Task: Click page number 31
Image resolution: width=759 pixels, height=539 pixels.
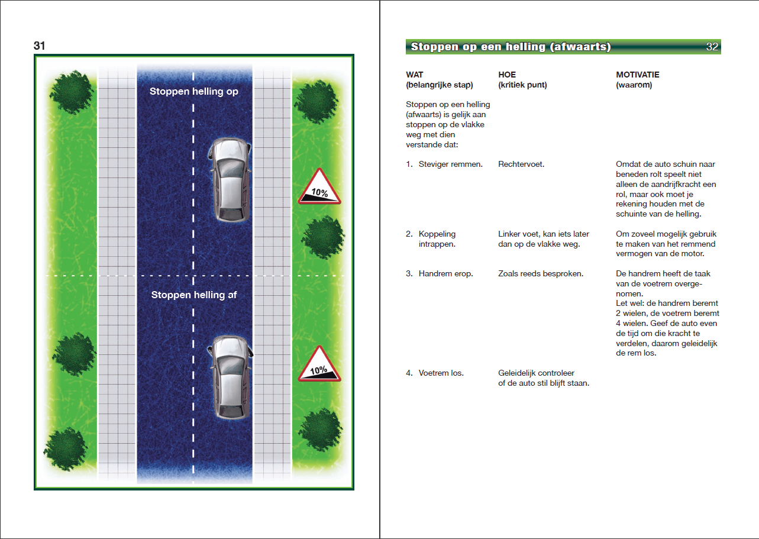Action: tap(40, 46)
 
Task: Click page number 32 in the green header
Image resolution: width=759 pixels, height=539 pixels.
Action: tap(712, 47)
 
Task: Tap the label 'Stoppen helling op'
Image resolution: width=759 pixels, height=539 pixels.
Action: tap(194, 92)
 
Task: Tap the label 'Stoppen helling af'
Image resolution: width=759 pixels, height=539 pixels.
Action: tap(194, 295)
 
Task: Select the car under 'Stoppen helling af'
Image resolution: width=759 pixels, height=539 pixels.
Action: tap(231, 377)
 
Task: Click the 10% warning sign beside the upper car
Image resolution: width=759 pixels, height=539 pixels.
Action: tap(319, 188)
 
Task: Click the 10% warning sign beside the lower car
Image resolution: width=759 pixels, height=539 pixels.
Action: tap(319, 365)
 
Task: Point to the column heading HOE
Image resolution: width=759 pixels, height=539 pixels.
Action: tap(507, 75)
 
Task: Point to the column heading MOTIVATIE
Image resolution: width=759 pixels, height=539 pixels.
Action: tap(638, 75)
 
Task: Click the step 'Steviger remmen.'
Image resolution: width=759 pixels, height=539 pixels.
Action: tap(450, 164)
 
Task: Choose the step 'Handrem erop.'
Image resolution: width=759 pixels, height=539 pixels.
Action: tap(445, 274)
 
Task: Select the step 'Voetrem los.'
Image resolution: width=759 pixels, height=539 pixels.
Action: tap(441, 373)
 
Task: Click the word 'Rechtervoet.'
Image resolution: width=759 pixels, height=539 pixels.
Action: tap(521, 164)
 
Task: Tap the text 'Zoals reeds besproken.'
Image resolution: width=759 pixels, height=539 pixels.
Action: tap(541, 274)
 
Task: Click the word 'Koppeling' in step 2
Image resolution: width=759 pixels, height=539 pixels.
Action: tap(437, 234)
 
